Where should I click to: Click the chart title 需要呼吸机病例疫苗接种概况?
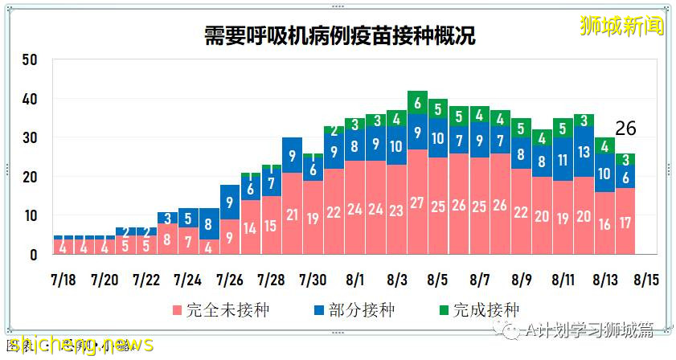pyautogui.click(x=338, y=36)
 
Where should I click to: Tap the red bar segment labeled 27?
pyautogui.click(x=417, y=202)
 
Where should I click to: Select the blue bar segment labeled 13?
pyautogui.click(x=584, y=152)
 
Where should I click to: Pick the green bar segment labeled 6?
pyautogui.click(x=417, y=103)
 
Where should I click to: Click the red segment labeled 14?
pyautogui.click(x=250, y=227)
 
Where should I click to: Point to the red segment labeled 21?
pyautogui.click(x=292, y=215)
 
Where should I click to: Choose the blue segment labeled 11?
pyautogui.click(x=563, y=159)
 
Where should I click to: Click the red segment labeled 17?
pyautogui.click(x=626, y=222)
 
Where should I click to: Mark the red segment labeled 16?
pyautogui.click(x=605, y=223)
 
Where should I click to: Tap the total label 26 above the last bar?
pyautogui.click(x=626, y=129)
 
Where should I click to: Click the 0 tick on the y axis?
pyautogui.click(x=35, y=256)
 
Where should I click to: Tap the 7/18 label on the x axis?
pyautogui.click(x=63, y=280)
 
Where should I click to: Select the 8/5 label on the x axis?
pyautogui.click(x=438, y=280)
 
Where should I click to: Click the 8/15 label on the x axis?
pyautogui.click(x=646, y=280)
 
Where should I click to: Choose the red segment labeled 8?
pyautogui.click(x=166, y=239)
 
